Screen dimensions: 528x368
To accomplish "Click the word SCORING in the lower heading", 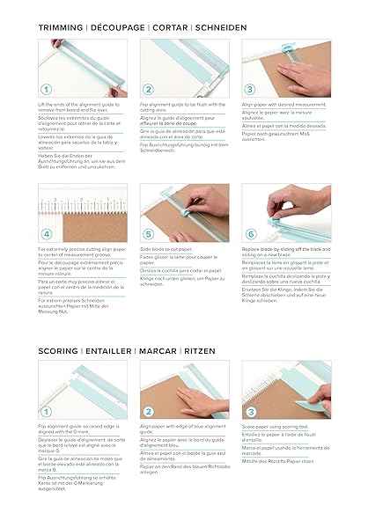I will click(58, 350).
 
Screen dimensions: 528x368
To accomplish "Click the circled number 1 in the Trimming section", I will click(46, 90).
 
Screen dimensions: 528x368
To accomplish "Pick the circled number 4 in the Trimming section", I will click(46, 235).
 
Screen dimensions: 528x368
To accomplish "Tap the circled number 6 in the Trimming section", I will click(251, 235).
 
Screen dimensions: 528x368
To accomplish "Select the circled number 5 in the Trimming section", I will click(149, 235).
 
